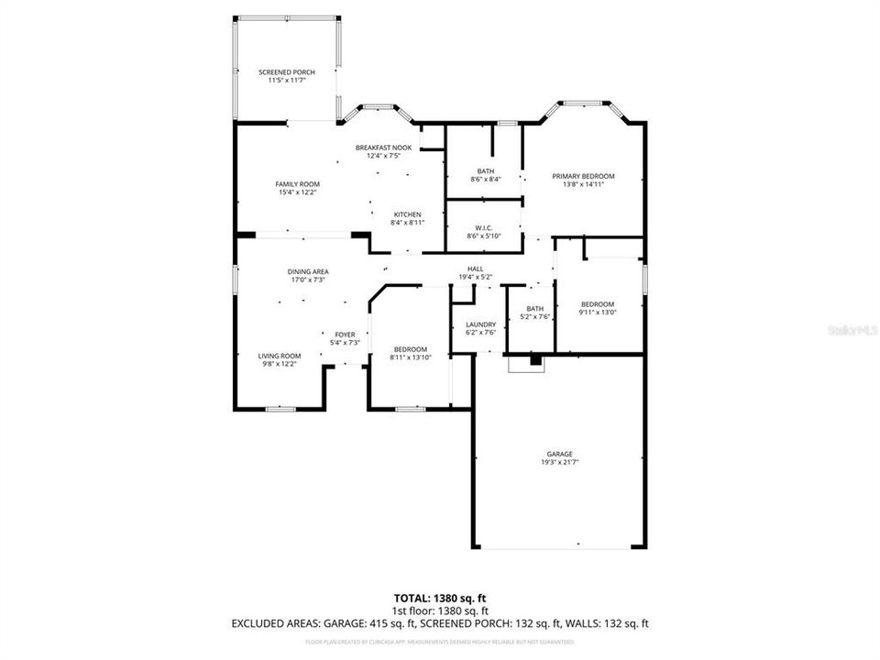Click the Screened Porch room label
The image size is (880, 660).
coord(286,72)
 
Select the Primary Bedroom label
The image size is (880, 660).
coord(582,176)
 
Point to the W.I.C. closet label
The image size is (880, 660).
coord(485,227)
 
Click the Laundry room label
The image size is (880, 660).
coord(480,324)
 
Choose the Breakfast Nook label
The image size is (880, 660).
coord(383,148)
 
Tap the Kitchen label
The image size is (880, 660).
coord(407,214)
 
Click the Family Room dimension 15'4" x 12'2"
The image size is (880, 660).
coord(297,192)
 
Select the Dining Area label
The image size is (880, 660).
coord(309,271)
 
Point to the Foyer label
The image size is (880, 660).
coord(344,335)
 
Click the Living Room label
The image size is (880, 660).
coord(279,356)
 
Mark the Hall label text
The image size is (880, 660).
coord(475,269)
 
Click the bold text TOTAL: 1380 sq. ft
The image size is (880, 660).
coord(440,599)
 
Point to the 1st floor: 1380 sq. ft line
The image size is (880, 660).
coord(440,610)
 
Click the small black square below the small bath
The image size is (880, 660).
coord(536,361)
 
